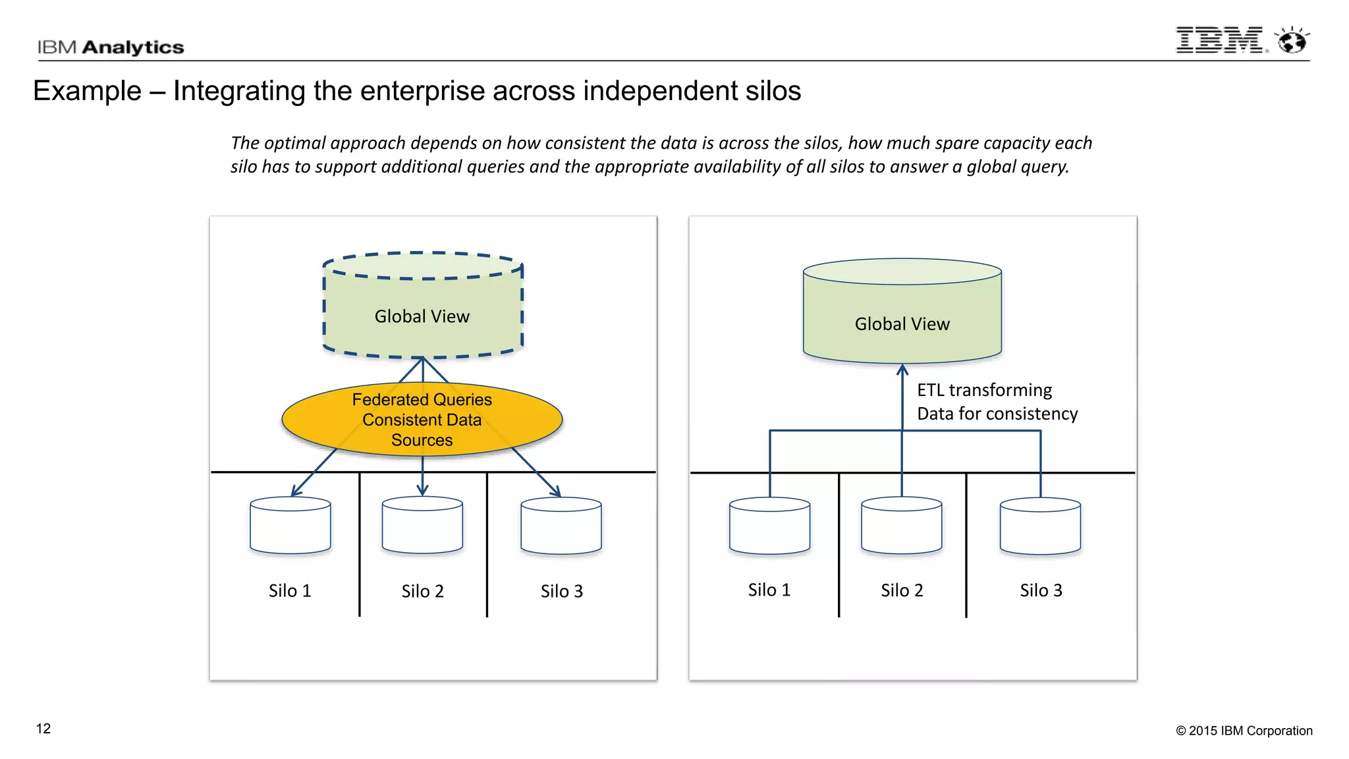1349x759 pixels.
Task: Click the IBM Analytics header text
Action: (x=110, y=47)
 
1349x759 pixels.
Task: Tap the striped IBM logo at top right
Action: (x=1219, y=40)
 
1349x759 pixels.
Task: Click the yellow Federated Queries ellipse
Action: (x=422, y=420)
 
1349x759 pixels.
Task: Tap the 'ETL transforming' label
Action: (x=984, y=390)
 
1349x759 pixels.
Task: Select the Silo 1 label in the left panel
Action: (x=290, y=591)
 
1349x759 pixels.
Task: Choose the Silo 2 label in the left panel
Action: (x=422, y=592)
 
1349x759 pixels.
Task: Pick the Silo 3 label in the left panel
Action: (x=561, y=592)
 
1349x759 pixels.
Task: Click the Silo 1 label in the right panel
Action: (x=769, y=590)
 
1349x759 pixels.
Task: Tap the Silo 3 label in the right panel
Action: (x=1041, y=590)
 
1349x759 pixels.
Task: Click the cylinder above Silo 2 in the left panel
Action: (x=422, y=525)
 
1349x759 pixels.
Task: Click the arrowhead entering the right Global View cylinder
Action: (x=902, y=370)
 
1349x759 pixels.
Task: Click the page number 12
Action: (x=43, y=729)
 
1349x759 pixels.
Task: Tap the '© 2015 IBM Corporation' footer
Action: (x=1244, y=731)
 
